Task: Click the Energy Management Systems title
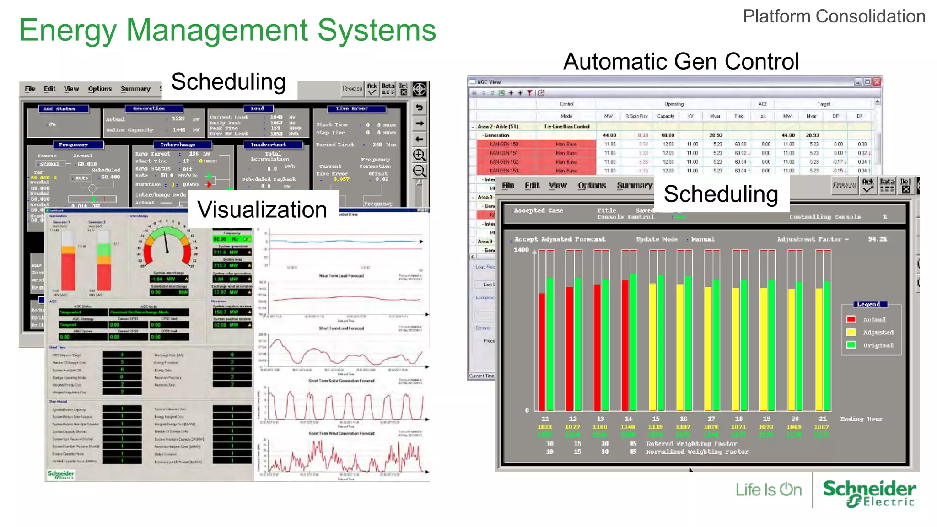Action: [x=227, y=30]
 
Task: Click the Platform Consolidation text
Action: [x=834, y=16]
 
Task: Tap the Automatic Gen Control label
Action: [x=681, y=61]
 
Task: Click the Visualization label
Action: [x=262, y=210]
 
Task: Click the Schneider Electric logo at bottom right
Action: [x=869, y=493]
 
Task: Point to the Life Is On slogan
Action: [x=768, y=490]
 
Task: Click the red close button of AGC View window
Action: [x=877, y=82]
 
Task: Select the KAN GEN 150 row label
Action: [x=503, y=144]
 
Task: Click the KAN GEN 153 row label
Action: [x=503, y=171]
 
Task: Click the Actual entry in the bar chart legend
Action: [x=874, y=320]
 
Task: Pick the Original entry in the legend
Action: [x=878, y=345]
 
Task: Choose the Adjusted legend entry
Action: [x=878, y=333]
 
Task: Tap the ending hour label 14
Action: [x=628, y=419]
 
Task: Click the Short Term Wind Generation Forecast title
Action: [x=341, y=433]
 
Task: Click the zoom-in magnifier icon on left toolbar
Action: [x=419, y=155]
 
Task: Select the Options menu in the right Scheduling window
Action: [x=591, y=185]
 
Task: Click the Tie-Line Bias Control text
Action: [x=566, y=126]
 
